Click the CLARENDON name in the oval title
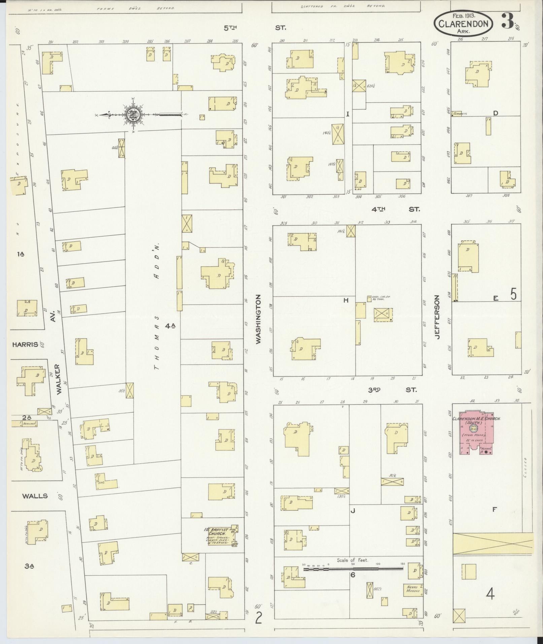pos(463,23)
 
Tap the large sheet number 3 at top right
pos(507,21)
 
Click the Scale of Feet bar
pos(353,569)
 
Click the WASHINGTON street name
pos(258,319)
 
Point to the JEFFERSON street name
pos(437,317)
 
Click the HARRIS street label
pos(24,344)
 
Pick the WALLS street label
pos(35,496)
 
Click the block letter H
pos(346,300)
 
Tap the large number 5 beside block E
pos(513,295)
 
